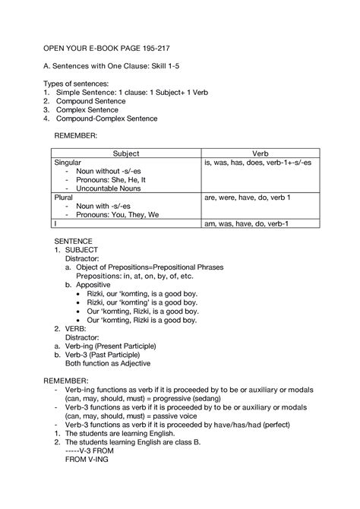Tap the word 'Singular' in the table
tap(68, 163)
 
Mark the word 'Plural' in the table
tap(63, 197)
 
